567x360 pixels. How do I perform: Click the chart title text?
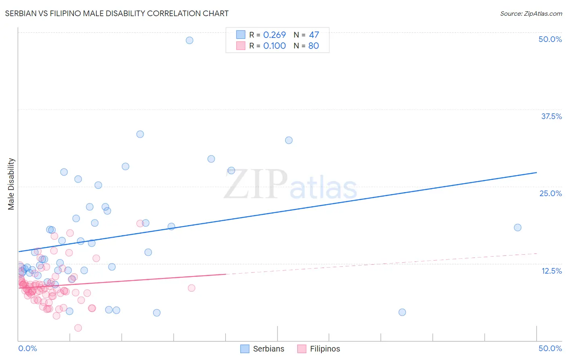click(117, 14)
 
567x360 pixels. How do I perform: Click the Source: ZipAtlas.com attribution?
click(531, 14)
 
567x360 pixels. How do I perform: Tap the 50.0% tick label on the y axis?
click(550, 39)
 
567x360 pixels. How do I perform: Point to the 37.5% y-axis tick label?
click(551, 116)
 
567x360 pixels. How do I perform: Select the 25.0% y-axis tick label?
click(550, 193)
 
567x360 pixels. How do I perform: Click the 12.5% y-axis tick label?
click(551, 271)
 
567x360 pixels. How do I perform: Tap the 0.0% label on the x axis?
click(27, 348)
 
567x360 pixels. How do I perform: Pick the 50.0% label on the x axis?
click(550, 348)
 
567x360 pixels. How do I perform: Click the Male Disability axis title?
click(11, 184)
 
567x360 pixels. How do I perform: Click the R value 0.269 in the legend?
click(274, 35)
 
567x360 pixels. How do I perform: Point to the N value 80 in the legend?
click(313, 46)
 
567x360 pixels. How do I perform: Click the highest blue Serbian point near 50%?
click(190, 40)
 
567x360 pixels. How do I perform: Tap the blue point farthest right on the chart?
click(518, 228)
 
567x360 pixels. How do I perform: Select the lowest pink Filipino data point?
click(78, 328)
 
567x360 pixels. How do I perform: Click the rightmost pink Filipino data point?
click(192, 288)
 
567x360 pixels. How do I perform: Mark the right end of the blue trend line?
click(536, 173)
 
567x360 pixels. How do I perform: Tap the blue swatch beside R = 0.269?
click(241, 35)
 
